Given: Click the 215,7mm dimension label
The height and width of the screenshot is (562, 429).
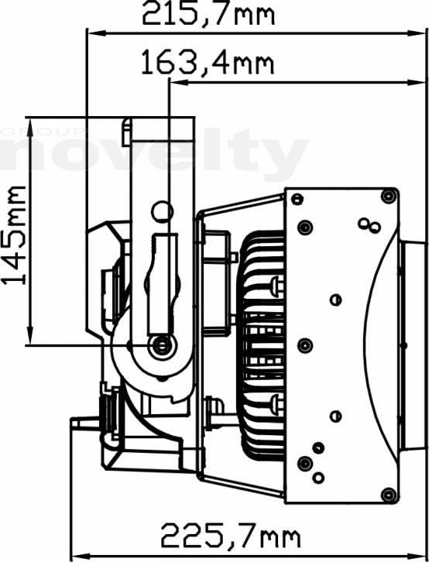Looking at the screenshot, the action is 208,14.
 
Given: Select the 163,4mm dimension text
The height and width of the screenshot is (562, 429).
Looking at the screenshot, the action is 208,63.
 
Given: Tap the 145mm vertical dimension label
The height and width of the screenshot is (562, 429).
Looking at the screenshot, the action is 14,235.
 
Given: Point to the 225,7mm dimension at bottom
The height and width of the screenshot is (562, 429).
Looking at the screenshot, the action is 231,535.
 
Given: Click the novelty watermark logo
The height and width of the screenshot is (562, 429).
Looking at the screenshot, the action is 154,153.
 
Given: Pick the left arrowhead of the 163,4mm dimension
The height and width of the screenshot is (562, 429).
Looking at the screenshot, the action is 179,83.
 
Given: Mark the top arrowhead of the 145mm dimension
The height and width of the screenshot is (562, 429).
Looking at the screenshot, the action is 30,127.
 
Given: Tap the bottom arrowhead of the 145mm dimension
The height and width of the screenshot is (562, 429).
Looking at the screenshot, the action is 30,335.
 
